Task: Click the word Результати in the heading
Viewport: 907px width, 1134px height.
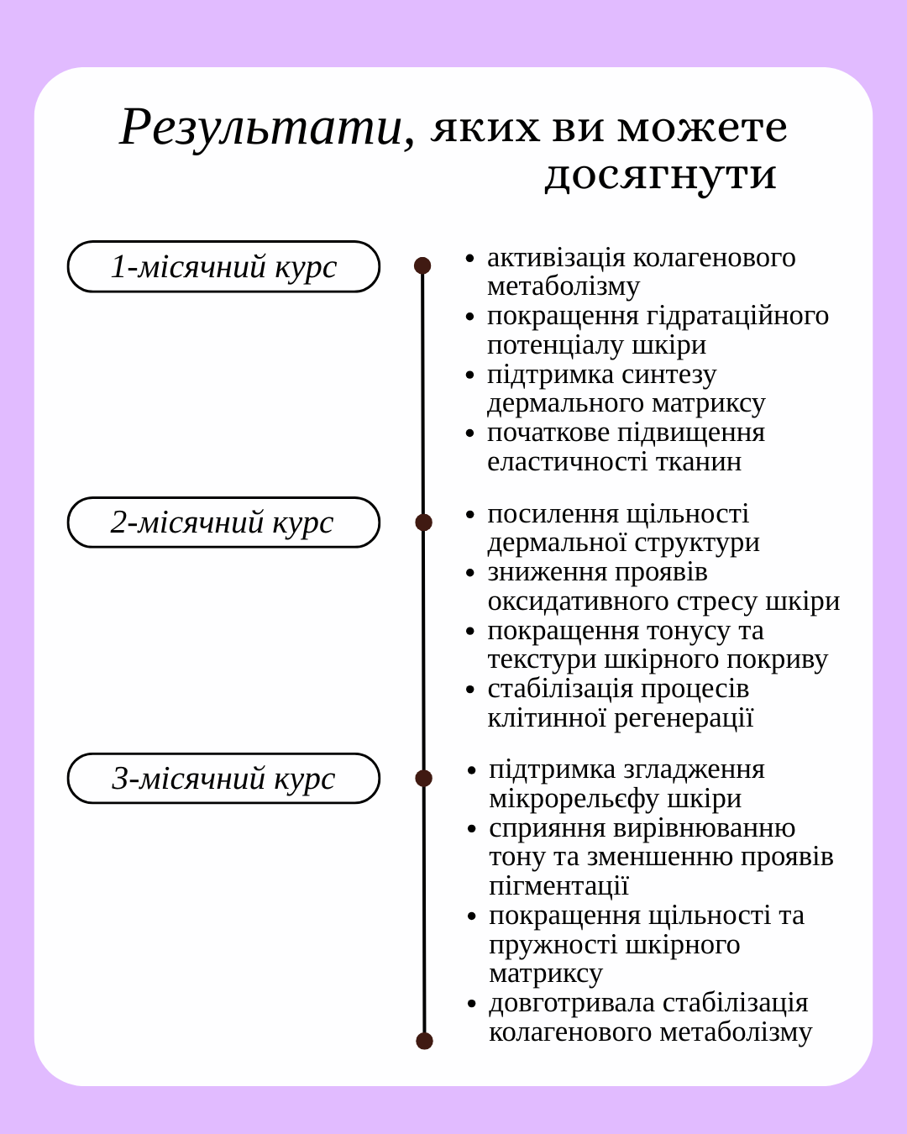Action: pyautogui.click(x=260, y=128)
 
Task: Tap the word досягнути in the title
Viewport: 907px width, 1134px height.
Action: pyautogui.click(x=660, y=175)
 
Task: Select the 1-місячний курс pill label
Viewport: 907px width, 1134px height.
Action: pyautogui.click(x=223, y=267)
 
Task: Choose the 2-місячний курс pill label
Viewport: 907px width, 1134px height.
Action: pyautogui.click(x=223, y=522)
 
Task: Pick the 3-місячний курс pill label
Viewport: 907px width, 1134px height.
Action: pyautogui.click(x=223, y=779)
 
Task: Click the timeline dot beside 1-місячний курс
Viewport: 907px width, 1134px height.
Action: pyautogui.click(x=422, y=265)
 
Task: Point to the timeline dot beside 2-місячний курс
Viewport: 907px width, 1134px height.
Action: pyautogui.click(x=423, y=522)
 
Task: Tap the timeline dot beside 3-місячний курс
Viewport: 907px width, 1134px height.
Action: pyautogui.click(x=423, y=778)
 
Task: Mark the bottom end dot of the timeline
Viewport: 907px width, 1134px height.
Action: pyautogui.click(x=424, y=1041)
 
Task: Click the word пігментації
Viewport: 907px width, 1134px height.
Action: pyautogui.click(x=558, y=886)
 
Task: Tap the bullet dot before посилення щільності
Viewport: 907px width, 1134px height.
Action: pyautogui.click(x=470, y=515)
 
